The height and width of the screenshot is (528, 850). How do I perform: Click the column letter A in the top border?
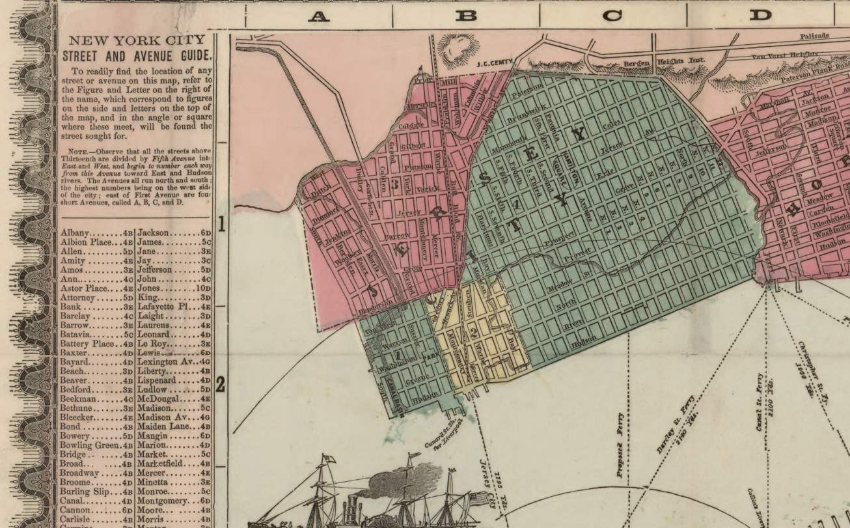point(318,16)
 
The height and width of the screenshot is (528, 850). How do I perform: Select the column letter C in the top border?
point(612,16)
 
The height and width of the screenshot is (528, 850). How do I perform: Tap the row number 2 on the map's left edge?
point(221,385)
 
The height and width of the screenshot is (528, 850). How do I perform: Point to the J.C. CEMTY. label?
point(495,63)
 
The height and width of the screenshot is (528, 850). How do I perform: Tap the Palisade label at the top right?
point(814,36)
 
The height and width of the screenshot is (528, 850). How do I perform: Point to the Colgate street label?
point(411,124)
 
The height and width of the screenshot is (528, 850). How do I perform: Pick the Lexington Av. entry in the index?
point(174,361)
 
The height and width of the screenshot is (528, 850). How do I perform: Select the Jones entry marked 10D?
point(174,288)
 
